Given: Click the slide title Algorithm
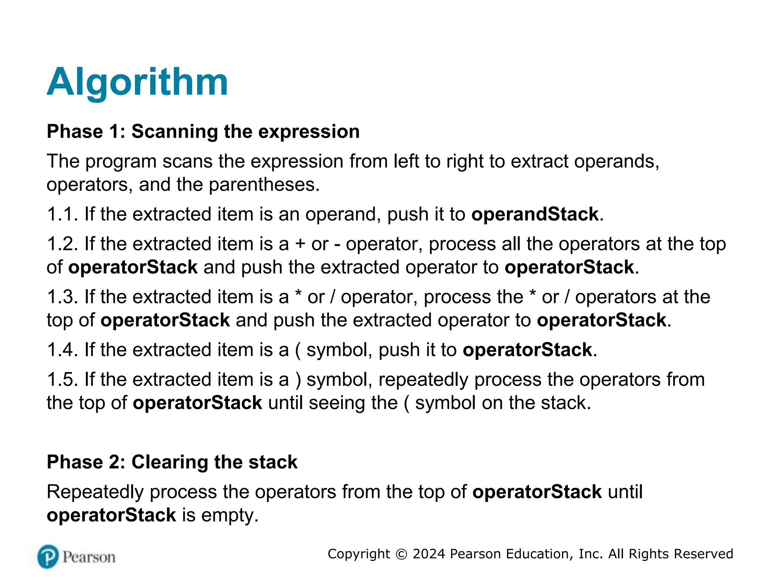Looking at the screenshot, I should coord(137,82).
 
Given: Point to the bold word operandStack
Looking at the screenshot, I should coord(535,214).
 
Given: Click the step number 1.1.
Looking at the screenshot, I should coord(62,214).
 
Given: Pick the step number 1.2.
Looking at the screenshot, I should coord(62,244).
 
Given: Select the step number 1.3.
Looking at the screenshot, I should coord(62,297).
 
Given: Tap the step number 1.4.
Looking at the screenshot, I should coord(62,350).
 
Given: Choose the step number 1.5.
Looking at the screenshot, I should coord(62,379).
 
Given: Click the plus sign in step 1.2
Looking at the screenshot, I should coord(300,244).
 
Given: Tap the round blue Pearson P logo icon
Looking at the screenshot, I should coord(48,556).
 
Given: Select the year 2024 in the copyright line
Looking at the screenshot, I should coord(429,554).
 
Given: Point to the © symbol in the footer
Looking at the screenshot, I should coord(401,554).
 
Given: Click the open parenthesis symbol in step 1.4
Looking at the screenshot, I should coord(298,350).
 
